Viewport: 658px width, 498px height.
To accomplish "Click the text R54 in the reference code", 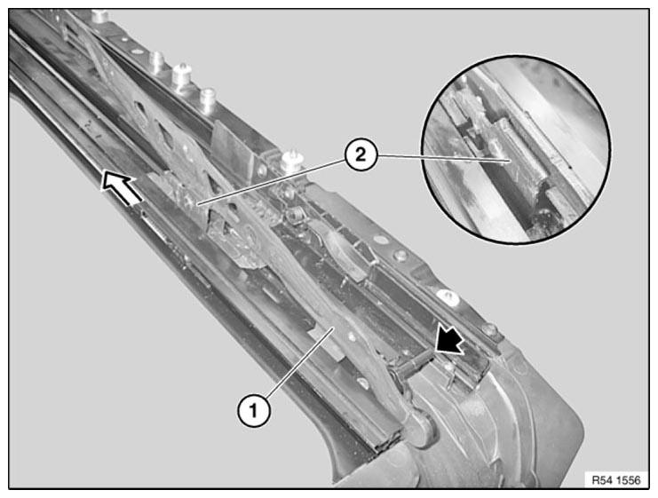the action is pyautogui.click(x=603, y=480).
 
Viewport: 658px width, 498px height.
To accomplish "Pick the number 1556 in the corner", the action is pyautogui.click(x=628, y=480).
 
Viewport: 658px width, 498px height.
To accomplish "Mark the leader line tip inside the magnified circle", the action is pyautogui.click(x=510, y=161).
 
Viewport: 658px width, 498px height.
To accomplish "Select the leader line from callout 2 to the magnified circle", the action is pyautogui.click(x=443, y=158).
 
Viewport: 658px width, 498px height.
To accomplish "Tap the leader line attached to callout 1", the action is pyautogui.click(x=299, y=361).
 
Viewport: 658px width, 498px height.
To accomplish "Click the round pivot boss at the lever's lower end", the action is pyautogui.click(x=421, y=428).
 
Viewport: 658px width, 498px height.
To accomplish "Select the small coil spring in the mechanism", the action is pyautogui.click(x=294, y=215).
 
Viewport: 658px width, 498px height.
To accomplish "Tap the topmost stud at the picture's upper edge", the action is pyautogui.click(x=100, y=15).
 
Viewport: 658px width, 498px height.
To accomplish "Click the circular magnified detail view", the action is pyautogui.click(x=516, y=149).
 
